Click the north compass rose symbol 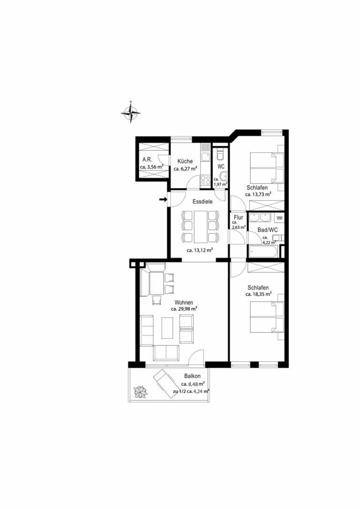pyautogui.click(x=130, y=112)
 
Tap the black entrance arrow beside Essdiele pyautogui.click(x=163, y=200)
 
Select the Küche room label pyautogui.click(x=185, y=161)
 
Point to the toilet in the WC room pyautogui.click(x=220, y=155)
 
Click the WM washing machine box pyautogui.click(x=279, y=218)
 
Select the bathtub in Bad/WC pyautogui.click(x=262, y=251)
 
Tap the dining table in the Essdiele pyautogui.click(x=200, y=226)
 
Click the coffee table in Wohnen pyautogui.click(x=167, y=328)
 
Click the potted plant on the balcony pyautogui.click(x=141, y=391)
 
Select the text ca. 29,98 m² pyautogui.click(x=184, y=309)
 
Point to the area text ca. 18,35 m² pyautogui.click(x=258, y=294)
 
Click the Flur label pyautogui.click(x=238, y=217)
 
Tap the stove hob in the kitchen pyautogui.click(x=205, y=180)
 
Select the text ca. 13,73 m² pyautogui.click(x=258, y=195)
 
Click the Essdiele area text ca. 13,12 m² pyautogui.click(x=200, y=250)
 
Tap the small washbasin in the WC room pyautogui.click(x=223, y=177)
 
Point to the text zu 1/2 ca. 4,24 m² pyautogui.click(x=191, y=391)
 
